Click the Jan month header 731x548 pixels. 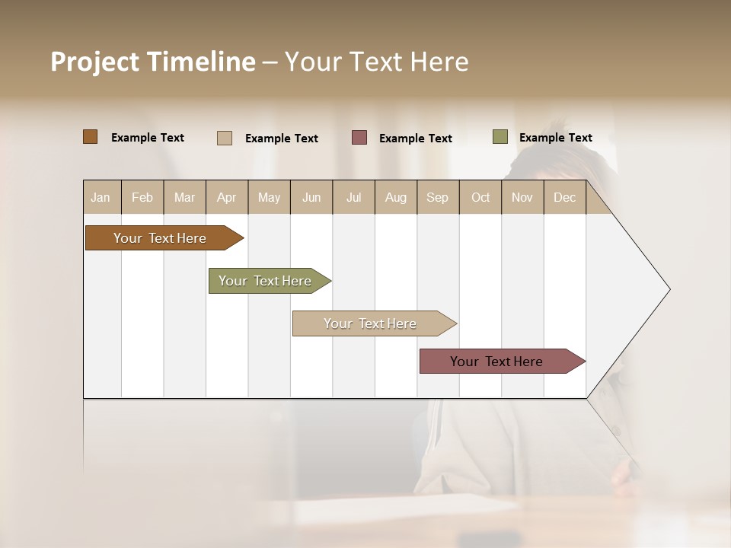click(101, 197)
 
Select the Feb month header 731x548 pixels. click(142, 197)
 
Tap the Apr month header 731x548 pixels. click(226, 197)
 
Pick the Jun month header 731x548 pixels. click(311, 197)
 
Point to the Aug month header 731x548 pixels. click(395, 197)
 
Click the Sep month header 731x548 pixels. click(437, 197)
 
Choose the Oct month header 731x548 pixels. click(480, 197)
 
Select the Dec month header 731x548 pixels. click(564, 197)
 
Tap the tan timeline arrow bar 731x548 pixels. click(371, 323)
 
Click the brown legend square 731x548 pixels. click(91, 137)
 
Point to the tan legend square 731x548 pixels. click(225, 138)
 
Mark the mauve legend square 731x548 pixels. click(359, 138)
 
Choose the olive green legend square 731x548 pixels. click(500, 137)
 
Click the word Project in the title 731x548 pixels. click(94, 62)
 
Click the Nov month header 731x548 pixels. click(522, 197)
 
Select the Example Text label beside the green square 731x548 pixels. click(555, 138)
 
